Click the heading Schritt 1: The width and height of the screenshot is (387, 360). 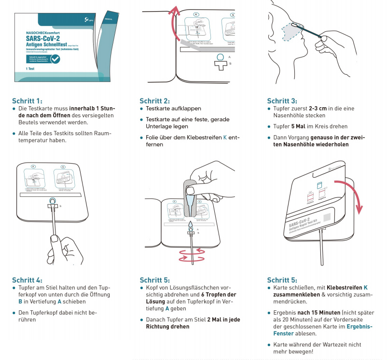[x=27, y=101]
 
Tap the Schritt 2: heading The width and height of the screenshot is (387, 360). [x=154, y=101]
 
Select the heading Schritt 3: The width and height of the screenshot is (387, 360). [x=282, y=101]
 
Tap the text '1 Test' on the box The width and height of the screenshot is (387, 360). [x=22, y=70]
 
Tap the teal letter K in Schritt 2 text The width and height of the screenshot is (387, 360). [x=224, y=138]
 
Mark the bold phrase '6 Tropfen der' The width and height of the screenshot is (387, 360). [x=219, y=295]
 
